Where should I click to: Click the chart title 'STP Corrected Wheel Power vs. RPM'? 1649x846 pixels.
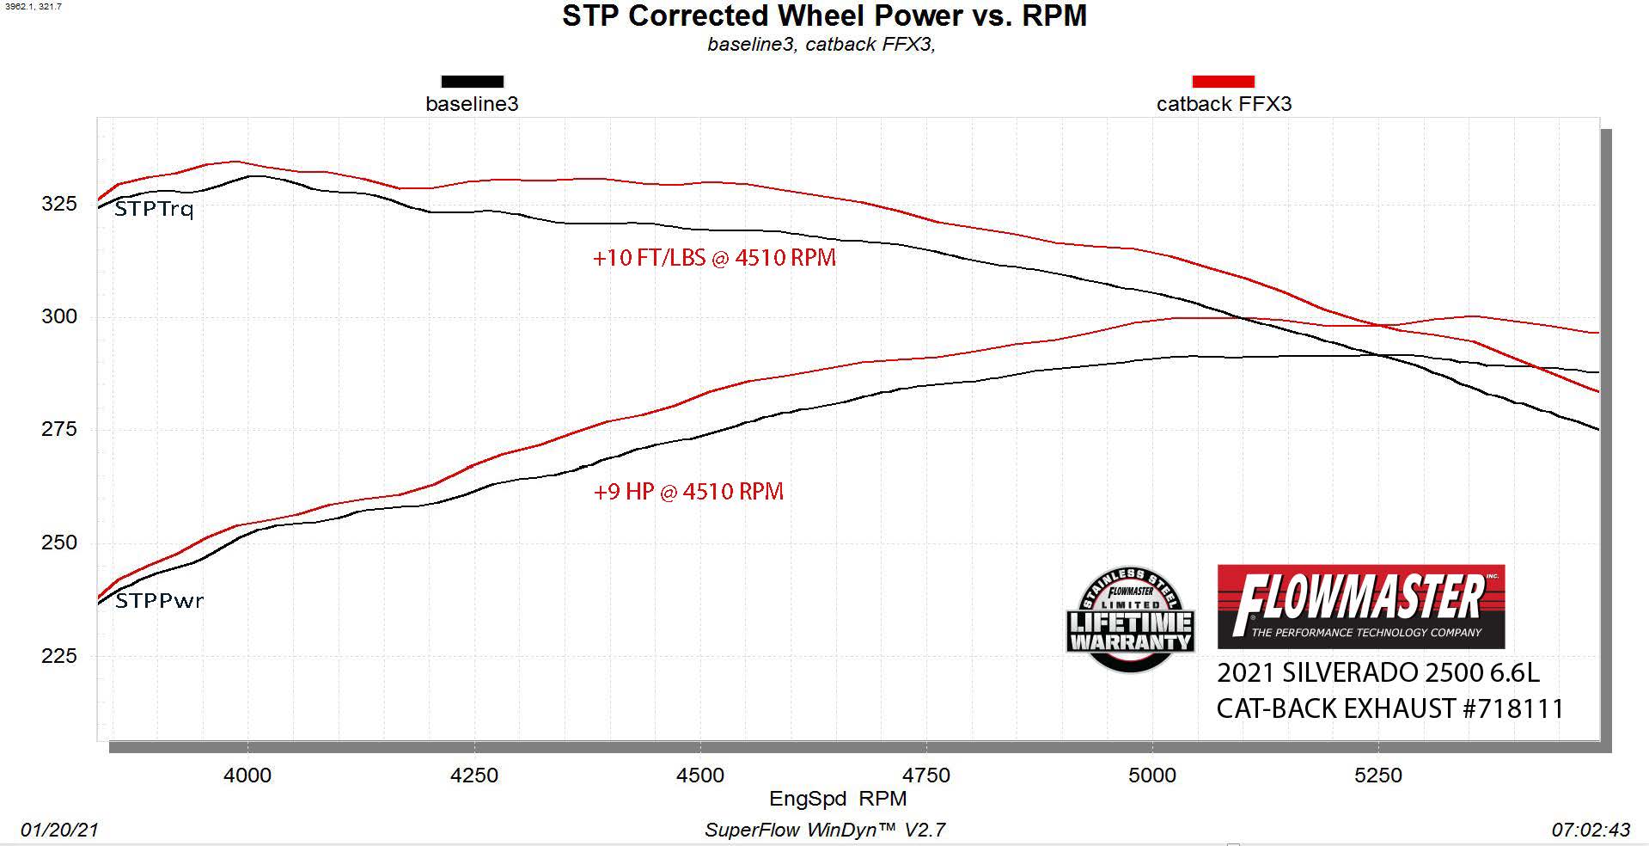824,15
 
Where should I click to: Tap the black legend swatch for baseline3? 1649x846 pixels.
472,82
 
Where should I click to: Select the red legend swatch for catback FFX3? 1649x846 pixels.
1223,82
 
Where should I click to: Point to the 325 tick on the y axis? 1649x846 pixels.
59,204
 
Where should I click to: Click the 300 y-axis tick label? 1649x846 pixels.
59,316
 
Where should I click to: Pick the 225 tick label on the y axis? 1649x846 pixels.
59,656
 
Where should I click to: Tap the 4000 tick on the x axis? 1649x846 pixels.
247,775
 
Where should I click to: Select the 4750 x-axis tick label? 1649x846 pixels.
926,775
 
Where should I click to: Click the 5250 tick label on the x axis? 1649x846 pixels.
1378,775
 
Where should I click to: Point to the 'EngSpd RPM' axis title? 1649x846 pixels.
838,799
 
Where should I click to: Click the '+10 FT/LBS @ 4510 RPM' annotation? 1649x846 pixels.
714,258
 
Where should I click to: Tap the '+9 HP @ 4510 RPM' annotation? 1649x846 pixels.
688,492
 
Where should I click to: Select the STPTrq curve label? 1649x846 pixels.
154,209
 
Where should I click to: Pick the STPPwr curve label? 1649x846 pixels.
159,600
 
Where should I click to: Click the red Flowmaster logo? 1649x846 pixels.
1360,606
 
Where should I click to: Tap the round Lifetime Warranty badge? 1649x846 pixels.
1130,619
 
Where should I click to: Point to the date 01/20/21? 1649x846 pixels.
59,830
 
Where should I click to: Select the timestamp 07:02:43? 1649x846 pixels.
1591,830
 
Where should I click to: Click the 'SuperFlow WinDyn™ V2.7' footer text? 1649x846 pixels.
825,830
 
